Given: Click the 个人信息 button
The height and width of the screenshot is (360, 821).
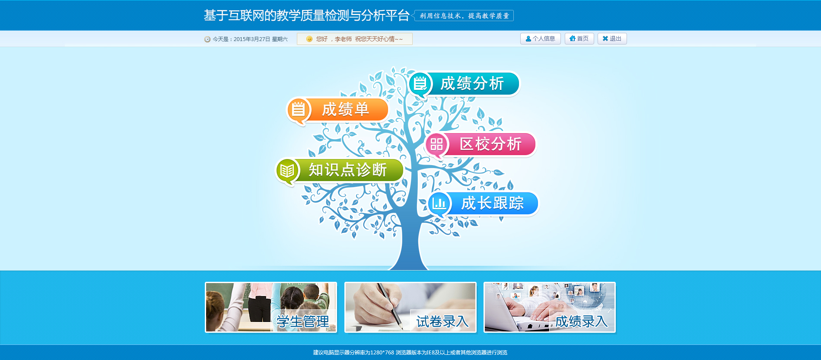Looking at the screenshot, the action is click(540, 38).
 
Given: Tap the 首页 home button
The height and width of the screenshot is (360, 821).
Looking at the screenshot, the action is click(579, 38).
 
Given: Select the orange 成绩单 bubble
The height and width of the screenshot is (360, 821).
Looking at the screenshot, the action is click(338, 110).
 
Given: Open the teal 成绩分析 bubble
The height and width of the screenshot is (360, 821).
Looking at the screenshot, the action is click(465, 84).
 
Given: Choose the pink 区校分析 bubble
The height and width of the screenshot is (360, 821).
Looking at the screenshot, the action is click(480, 144).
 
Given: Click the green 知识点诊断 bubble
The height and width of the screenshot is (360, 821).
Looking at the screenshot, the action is click(340, 170).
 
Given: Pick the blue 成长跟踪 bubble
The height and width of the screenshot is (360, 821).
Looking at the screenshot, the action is click(483, 204).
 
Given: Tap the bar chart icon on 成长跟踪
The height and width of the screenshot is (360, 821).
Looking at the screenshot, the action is click(439, 204).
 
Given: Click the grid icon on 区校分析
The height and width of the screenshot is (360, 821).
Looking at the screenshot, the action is click(436, 144).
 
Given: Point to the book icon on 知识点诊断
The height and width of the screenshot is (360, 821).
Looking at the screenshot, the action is click(287, 171).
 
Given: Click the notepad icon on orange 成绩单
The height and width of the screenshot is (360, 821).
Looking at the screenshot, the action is click(298, 109).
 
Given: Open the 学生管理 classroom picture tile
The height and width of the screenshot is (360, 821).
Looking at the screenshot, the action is click(271, 307).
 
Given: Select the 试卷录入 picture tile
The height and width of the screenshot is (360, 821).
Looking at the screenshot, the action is click(410, 307).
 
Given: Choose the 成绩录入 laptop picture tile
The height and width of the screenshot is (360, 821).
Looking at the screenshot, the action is click(550, 307).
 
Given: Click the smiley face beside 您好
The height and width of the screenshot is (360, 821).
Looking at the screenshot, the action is click(309, 39).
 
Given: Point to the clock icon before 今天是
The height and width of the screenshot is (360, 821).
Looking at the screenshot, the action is click(207, 39).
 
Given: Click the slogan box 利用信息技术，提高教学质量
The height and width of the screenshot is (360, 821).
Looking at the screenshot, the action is click(464, 16).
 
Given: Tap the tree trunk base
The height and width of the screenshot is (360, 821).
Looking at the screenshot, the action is click(409, 259).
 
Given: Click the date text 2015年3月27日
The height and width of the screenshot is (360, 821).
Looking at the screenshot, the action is click(252, 39).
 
